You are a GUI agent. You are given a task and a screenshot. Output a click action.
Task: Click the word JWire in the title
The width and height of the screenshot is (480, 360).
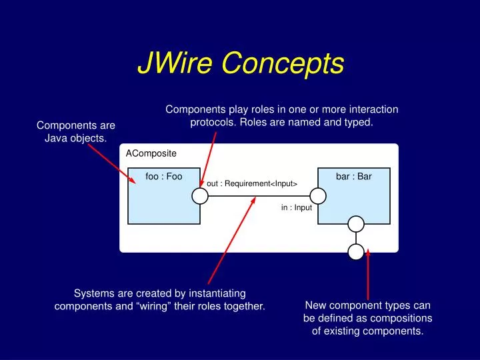tap(175, 63)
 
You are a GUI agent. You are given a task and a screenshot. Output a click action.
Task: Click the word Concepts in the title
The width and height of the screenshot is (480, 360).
tap(283, 64)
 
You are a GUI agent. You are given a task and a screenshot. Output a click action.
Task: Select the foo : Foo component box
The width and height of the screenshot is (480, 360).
tap(164, 196)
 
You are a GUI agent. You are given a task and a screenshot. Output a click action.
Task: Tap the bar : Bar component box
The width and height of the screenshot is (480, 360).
tap(354, 196)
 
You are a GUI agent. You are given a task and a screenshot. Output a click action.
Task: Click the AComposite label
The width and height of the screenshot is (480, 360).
tap(151, 153)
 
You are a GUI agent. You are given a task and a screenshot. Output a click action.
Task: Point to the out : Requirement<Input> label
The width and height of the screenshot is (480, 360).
tap(252, 184)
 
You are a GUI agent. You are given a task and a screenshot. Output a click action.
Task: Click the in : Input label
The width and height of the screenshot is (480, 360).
tap(296, 207)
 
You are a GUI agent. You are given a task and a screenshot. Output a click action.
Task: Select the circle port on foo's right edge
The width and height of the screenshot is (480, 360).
tap(200, 196)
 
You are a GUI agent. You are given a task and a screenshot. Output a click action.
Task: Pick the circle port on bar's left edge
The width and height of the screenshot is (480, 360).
tap(318, 196)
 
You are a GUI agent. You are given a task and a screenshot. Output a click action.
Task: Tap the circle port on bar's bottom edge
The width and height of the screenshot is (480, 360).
tap(356, 224)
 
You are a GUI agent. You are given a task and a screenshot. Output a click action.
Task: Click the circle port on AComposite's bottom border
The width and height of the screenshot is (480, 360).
tap(356, 252)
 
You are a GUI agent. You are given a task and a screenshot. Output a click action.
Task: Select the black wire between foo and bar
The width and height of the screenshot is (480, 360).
tap(259, 196)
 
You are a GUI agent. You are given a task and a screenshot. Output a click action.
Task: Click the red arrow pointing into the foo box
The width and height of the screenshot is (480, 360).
tap(112, 164)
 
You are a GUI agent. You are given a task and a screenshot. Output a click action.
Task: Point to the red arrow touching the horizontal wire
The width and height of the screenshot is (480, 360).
tap(232, 241)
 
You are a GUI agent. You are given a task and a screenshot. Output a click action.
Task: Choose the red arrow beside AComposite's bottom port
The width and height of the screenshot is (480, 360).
tap(368, 275)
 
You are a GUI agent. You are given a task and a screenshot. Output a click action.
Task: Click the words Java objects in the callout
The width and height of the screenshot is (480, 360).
tap(75, 139)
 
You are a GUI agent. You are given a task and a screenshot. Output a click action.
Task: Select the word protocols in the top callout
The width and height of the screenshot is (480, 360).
tap(213, 123)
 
